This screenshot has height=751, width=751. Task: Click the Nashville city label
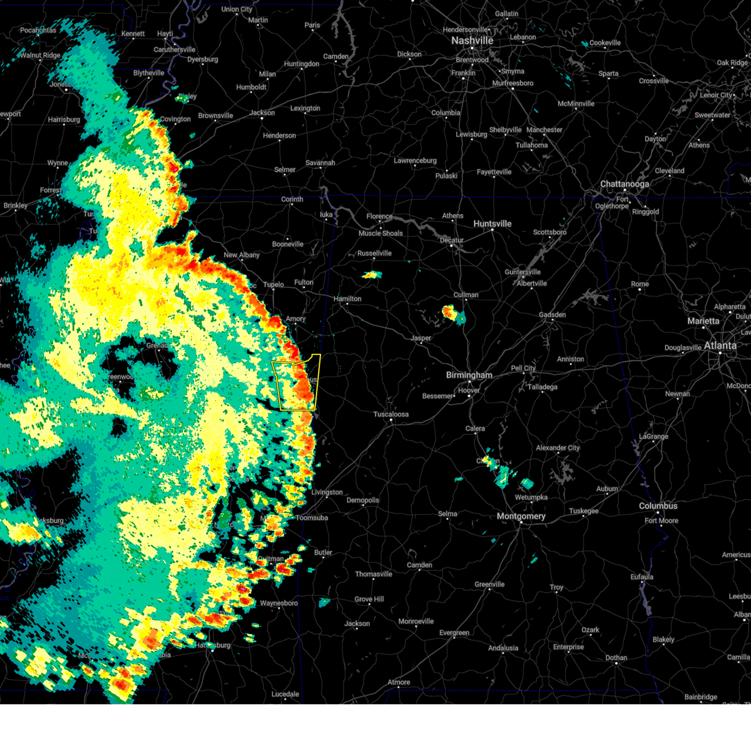pyautogui.click(x=473, y=41)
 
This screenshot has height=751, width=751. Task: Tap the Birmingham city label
pyautogui.click(x=469, y=375)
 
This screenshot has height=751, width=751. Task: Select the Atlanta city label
pyautogui.click(x=720, y=345)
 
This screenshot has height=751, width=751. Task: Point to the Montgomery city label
pyautogui.click(x=521, y=516)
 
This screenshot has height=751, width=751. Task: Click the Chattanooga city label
pyautogui.click(x=625, y=184)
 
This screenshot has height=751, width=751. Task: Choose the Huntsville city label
pyautogui.click(x=492, y=224)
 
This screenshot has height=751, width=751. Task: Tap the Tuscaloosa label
pyautogui.click(x=391, y=414)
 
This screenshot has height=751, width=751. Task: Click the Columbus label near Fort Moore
pyautogui.click(x=658, y=506)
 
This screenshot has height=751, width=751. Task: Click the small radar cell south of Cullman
pyautogui.click(x=449, y=312)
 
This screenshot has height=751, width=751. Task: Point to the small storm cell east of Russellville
pyautogui.click(x=372, y=275)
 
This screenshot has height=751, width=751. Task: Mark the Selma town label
pyautogui.click(x=447, y=514)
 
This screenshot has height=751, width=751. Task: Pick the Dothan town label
pyautogui.click(x=616, y=658)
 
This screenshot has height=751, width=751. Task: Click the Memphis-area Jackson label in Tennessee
pyautogui.click(x=262, y=113)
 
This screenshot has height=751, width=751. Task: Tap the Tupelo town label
pyautogui.click(x=273, y=285)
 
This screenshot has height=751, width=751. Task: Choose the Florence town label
pyautogui.click(x=379, y=217)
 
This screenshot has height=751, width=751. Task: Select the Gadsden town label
pyautogui.click(x=552, y=315)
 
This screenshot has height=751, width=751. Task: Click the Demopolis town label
pyautogui.click(x=363, y=500)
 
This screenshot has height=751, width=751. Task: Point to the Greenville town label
pyautogui.click(x=489, y=585)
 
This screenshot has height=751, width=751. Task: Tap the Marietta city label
pyautogui.click(x=703, y=321)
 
